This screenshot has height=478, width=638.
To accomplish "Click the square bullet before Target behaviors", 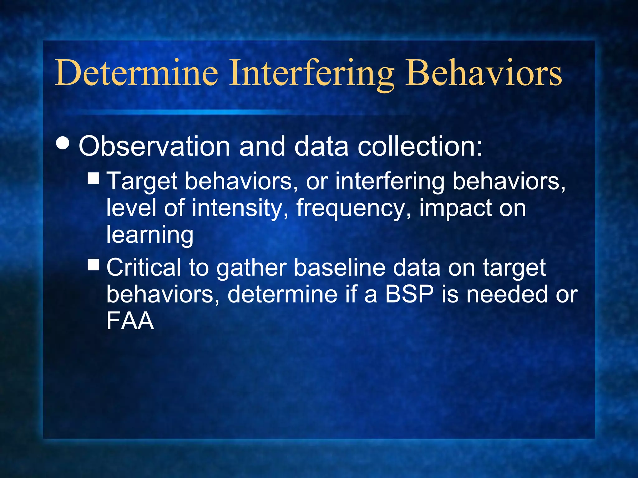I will point(93,178).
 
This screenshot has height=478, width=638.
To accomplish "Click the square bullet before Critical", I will point(93,265).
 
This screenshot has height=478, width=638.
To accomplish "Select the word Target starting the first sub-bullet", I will point(142,182).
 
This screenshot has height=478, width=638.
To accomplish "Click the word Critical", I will point(144,267).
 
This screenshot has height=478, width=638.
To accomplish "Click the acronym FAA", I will point(130,321).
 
